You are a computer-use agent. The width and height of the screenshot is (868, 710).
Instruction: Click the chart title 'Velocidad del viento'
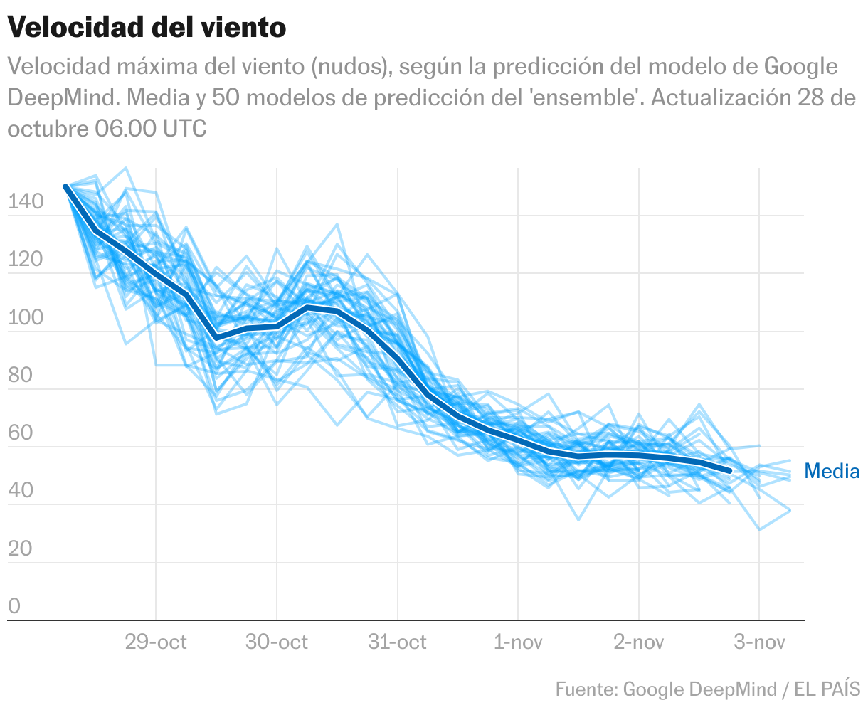pyautogui.click(x=147, y=28)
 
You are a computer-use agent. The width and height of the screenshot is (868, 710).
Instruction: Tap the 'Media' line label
pyautogui.click(x=831, y=471)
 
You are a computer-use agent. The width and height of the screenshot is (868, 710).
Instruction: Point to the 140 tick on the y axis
pyautogui.click(x=26, y=203)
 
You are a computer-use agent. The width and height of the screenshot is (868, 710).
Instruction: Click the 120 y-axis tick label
pyautogui.click(x=26, y=260)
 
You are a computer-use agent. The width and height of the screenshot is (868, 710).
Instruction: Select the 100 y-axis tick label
pyautogui.click(x=26, y=318)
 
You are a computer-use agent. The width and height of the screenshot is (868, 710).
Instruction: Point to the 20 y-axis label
pyautogui.click(x=20, y=550)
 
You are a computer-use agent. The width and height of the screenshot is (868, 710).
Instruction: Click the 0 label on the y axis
pyautogui.click(x=14, y=607)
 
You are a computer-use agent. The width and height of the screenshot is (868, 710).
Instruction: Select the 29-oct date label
pyautogui.click(x=156, y=642)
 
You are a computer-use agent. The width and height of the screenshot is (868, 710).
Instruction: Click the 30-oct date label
pyautogui.click(x=277, y=642)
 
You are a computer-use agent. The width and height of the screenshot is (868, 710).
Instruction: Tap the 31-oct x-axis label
pyautogui.click(x=397, y=642)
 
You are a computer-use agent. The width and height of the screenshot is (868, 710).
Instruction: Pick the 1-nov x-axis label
pyautogui.click(x=518, y=642)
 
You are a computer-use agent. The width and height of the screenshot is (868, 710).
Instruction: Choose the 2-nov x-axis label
pyautogui.click(x=639, y=642)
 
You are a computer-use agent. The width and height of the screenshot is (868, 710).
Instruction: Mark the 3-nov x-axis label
pyautogui.click(x=759, y=642)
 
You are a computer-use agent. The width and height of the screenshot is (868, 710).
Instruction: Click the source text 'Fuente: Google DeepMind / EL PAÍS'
pyautogui.click(x=708, y=689)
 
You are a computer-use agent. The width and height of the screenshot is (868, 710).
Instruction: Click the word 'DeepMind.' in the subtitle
pyautogui.click(x=63, y=97)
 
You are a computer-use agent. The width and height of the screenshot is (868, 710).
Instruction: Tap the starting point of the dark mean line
pyautogui.click(x=65, y=187)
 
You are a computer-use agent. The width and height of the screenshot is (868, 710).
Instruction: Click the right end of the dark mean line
pyautogui.click(x=729, y=471)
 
